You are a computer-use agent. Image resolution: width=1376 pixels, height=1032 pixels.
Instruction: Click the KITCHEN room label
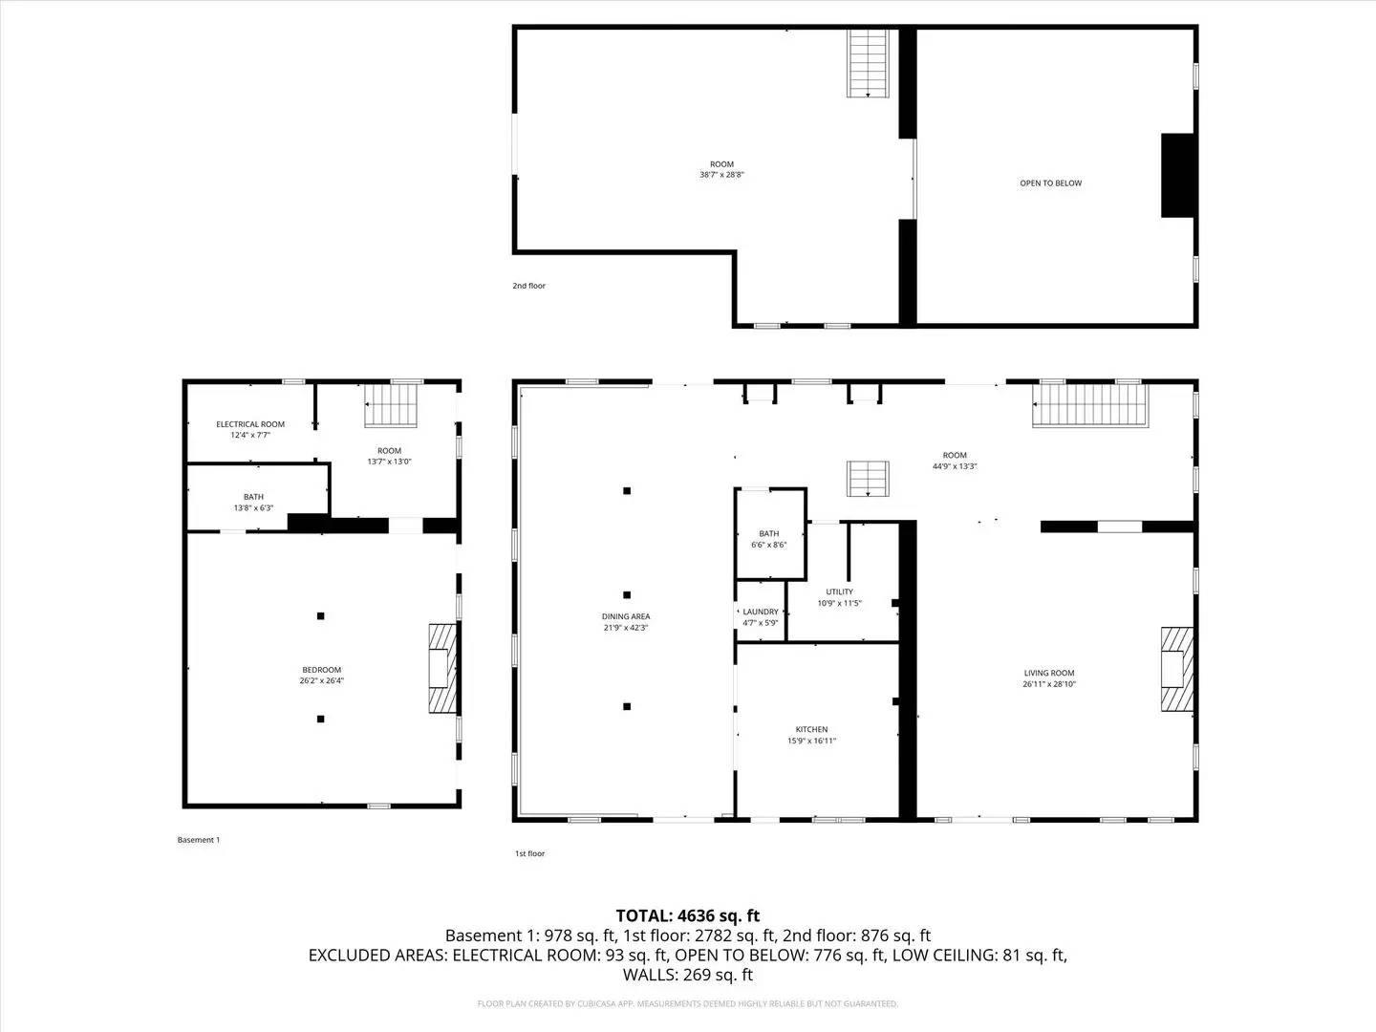tap(811, 729)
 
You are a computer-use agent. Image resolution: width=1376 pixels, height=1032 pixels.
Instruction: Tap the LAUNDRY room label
tap(761, 612)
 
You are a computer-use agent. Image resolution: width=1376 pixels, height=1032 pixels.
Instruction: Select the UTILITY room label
tap(840, 591)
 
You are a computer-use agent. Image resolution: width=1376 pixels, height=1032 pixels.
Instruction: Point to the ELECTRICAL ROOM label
tap(250, 424)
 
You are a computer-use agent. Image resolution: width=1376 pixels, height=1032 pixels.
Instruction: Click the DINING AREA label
tap(626, 616)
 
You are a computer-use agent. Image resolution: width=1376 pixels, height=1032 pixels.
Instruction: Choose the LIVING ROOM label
tap(1049, 673)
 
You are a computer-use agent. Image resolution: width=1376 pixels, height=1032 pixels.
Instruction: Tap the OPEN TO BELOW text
tap(1050, 183)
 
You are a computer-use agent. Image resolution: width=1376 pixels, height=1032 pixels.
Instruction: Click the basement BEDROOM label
tap(321, 670)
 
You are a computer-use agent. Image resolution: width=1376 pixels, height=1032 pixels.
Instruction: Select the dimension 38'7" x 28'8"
tap(721, 175)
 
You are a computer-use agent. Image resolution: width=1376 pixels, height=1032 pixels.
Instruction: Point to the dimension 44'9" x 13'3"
tap(955, 466)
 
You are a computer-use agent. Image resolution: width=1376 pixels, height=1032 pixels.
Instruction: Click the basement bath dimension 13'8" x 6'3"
tap(253, 508)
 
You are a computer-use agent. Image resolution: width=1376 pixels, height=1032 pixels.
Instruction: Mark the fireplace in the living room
tap(1177, 669)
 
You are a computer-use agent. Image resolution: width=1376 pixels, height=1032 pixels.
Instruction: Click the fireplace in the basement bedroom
tap(442, 668)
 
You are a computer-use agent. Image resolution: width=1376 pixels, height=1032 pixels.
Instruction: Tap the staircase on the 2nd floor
tap(870, 63)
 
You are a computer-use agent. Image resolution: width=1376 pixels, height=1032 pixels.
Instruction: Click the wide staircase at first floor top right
tap(1090, 404)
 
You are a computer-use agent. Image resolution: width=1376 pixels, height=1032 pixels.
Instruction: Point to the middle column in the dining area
tap(627, 594)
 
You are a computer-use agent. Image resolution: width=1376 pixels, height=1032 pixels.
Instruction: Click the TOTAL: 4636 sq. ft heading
tap(687, 915)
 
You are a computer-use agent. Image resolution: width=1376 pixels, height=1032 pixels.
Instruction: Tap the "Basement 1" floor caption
tap(199, 840)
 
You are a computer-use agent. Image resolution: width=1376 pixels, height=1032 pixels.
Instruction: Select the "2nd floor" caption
tap(528, 286)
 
